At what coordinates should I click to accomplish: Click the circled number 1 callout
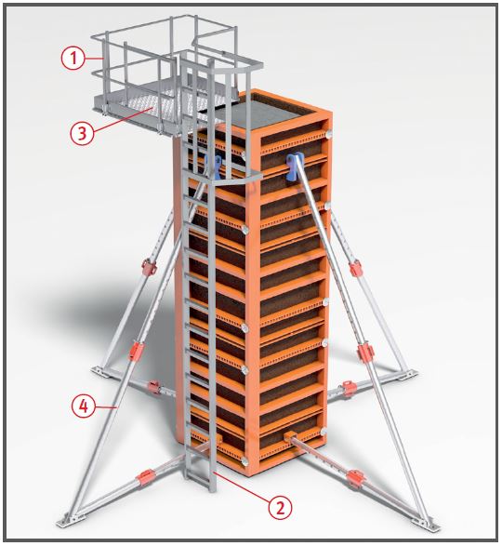pos(73,58)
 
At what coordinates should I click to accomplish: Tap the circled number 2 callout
pos(280,507)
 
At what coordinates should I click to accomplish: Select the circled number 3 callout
pos(82,133)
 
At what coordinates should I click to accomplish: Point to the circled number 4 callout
pos(84,406)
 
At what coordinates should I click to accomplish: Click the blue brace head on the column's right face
pos(294,167)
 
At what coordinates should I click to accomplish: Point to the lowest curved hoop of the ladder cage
pos(237,180)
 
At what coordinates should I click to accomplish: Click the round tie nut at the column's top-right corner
pos(328,135)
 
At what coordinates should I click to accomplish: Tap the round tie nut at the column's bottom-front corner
pos(244,461)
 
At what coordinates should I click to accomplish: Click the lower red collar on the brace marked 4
pos(135,351)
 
